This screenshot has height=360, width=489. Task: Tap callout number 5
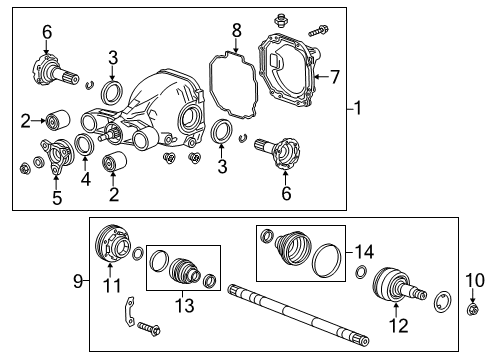click(x=56, y=197)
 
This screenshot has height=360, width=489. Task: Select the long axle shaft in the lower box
click(x=290, y=300)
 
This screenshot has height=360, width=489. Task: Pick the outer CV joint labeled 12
click(x=393, y=289)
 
